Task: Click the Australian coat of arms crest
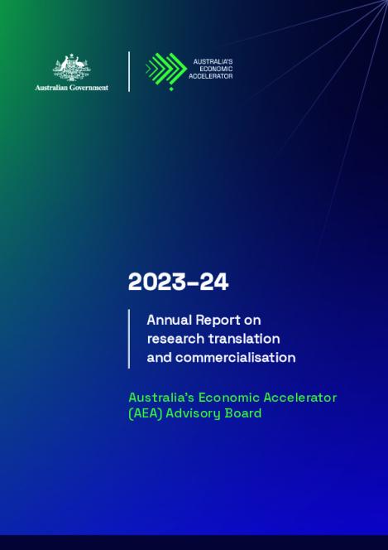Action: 71,67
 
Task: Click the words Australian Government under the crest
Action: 71,87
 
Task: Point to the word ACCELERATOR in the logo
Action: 213,76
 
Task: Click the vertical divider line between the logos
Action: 129,71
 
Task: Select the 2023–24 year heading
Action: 178,282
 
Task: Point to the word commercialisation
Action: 221,358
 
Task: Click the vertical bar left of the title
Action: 129,338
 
